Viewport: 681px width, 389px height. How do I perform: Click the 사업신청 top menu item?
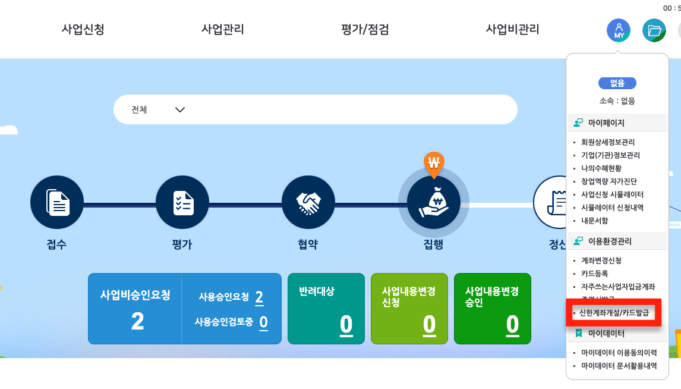click(x=83, y=29)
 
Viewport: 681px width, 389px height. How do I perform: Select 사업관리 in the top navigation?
click(x=223, y=29)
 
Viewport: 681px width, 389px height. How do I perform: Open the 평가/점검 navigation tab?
click(x=365, y=29)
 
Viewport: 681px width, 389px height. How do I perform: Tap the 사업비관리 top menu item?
click(x=512, y=29)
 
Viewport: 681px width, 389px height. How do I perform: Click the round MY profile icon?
click(x=618, y=30)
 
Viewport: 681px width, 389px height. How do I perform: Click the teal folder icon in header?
click(x=654, y=30)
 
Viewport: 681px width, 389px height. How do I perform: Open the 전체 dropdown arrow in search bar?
click(x=179, y=110)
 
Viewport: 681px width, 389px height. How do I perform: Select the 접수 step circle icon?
click(x=57, y=203)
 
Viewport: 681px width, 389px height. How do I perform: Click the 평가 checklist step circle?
click(x=182, y=203)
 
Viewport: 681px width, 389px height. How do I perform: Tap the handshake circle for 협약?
click(x=308, y=203)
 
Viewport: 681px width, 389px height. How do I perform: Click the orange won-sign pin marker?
click(x=434, y=162)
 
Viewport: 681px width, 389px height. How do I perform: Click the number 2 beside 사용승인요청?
click(x=259, y=297)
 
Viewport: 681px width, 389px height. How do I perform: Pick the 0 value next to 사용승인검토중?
click(x=263, y=322)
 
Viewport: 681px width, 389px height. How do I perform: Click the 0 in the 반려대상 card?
click(x=346, y=324)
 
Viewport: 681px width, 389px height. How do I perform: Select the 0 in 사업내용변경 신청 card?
click(x=429, y=324)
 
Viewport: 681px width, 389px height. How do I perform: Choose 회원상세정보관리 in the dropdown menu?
click(x=607, y=142)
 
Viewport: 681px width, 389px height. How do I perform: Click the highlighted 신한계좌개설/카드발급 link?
click(x=614, y=312)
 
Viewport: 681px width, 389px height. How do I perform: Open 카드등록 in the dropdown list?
click(x=594, y=274)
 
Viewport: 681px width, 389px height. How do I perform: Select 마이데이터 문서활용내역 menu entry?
click(x=619, y=366)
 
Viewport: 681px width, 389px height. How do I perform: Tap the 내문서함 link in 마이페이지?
click(x=594, y=221)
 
